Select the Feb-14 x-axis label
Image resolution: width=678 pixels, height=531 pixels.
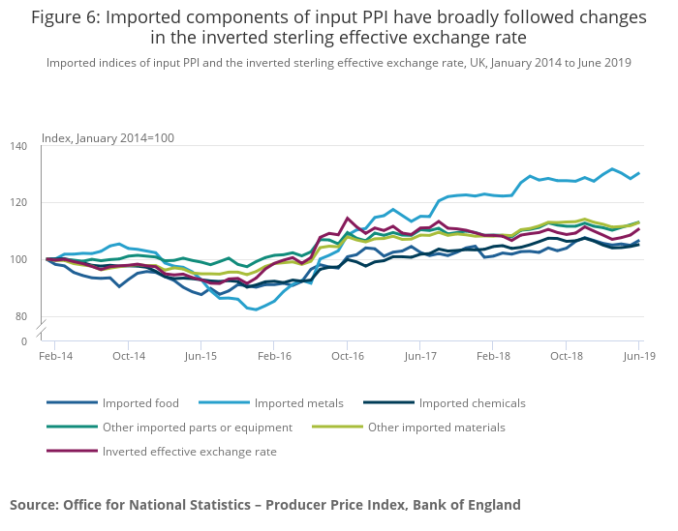55,357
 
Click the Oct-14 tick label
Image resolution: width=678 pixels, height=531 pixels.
128,357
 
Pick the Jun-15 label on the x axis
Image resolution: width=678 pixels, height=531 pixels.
200,357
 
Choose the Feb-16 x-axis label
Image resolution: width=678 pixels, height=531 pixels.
274,357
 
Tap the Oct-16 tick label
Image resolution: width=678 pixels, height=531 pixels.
347,357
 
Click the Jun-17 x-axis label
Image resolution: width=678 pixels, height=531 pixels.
419,357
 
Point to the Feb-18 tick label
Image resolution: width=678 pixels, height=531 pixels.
493,357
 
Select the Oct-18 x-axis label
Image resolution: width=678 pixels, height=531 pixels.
566,357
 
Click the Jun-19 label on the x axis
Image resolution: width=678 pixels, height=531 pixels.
637,357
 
